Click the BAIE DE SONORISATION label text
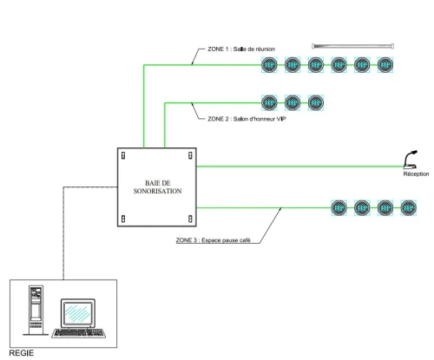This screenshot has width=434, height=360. click(x=157, y=187)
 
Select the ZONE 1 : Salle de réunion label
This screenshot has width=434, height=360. click(x=241, y=49)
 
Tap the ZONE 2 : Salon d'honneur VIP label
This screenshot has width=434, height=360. click(x=247, y=119)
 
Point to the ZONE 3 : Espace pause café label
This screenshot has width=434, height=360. click(x=214, y=240)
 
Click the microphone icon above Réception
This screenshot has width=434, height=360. click(x=411, y=160)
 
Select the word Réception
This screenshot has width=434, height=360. click(x=416, y=173)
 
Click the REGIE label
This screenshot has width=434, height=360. click(x=22, y=353)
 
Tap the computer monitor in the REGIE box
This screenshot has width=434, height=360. click(x=78, y=313)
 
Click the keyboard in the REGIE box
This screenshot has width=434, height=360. click(x=79, y=333)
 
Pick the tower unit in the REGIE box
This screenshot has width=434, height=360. click(x=36, y=311)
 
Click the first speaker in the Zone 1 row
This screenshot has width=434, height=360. click(x=269, y=65)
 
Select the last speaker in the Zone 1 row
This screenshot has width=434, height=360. click(x=385, y=65)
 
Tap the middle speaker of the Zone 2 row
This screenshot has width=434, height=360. click(x=293, y=102)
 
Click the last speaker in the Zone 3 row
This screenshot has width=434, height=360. click(x=409, y=207)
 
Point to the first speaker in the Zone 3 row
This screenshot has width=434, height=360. click(x=339, y=207)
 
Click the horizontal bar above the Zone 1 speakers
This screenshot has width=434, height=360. click(x=353, y=46)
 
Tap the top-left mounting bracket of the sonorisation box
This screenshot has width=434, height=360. click(x=123, y=155)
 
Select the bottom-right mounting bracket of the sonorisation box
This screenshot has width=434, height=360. click(x=190, y=219)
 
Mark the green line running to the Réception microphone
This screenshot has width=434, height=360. click(x=300, y=167)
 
